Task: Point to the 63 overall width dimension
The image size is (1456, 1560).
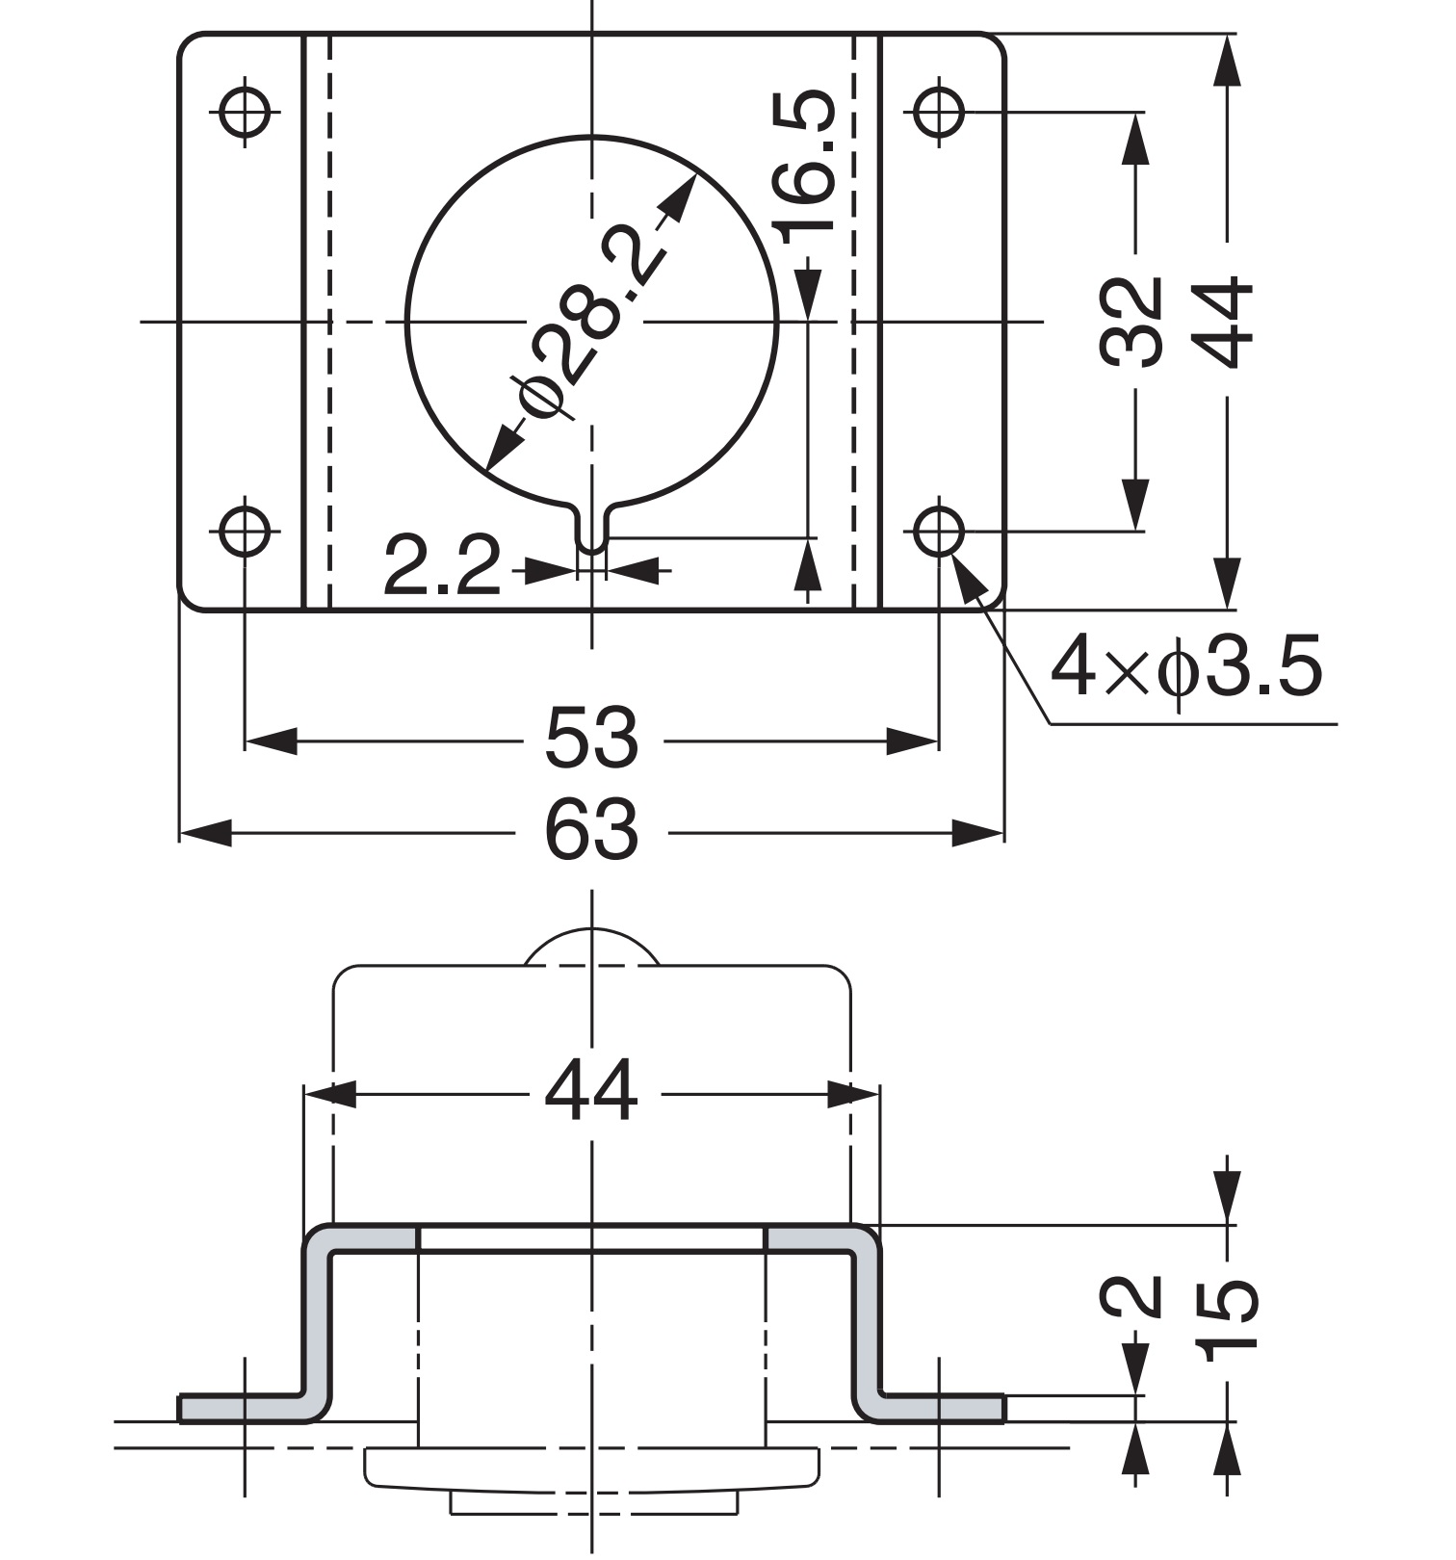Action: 591,830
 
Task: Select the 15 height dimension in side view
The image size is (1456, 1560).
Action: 1232,1314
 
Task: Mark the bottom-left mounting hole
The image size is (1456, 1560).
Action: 245,531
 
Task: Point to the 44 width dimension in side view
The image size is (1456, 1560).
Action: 591,1091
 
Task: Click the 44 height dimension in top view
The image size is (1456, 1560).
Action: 1230,323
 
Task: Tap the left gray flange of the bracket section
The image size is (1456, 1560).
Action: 241,1408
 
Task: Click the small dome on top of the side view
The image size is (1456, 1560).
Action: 591,948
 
